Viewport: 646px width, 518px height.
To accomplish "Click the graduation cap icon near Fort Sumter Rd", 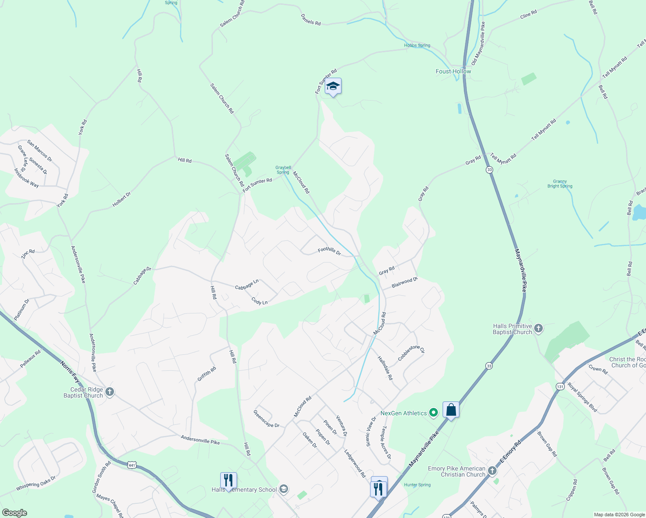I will (x=333, y=86).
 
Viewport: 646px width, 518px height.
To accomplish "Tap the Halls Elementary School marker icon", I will (x=284, y=489).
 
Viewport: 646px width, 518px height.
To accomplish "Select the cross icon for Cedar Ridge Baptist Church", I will (x=110, y=392).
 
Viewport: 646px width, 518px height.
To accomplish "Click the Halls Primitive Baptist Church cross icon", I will (x=538, y=328).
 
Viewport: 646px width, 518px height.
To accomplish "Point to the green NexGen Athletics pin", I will (x=434, y=413).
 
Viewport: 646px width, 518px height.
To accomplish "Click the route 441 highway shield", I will (x=132, y=465).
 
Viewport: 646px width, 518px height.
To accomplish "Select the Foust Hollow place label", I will (x=453, y=72).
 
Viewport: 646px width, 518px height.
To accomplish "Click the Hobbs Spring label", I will (x=417, y=45).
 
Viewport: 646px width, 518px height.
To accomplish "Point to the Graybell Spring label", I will (x=283, y=170).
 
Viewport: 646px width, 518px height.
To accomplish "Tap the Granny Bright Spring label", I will (x=560, y=184).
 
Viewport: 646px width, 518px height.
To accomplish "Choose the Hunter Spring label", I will (x=417, y=485).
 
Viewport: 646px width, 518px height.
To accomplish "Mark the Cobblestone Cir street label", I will (x=411, y=353).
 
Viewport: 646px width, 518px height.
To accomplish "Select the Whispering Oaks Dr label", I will (x=36, y=483).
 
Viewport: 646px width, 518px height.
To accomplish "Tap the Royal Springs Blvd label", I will (x=582, y=397).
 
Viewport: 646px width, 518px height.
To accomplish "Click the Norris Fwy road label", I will (x=70, y=372).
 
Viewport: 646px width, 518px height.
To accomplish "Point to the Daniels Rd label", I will (x=310, y=19).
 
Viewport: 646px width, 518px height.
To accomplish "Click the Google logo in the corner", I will (x=14, y=513).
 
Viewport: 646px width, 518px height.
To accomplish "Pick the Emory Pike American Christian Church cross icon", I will (x=492, y=470).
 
